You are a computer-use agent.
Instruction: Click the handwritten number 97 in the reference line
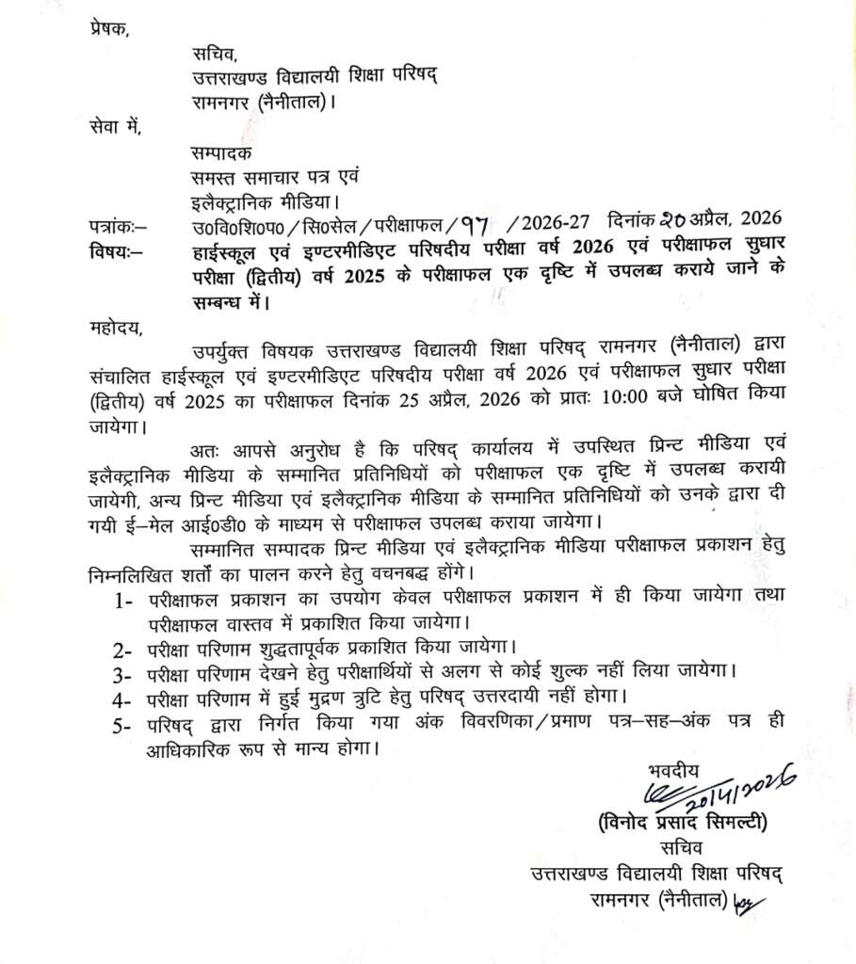[x=477, y=226]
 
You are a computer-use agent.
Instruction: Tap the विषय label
[x=106, y=250]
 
